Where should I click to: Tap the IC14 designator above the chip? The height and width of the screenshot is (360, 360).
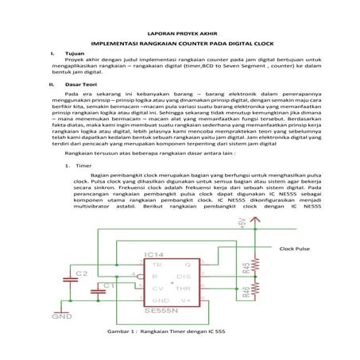point(156,254)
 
